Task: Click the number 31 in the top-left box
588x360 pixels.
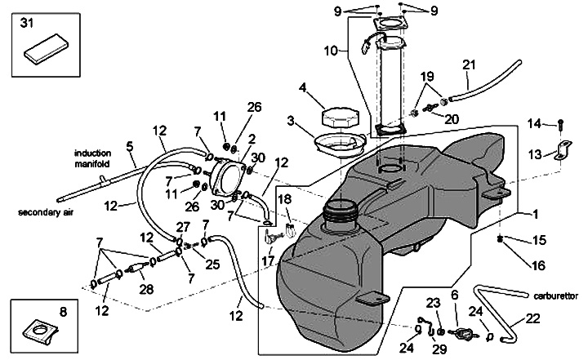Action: point(27,23)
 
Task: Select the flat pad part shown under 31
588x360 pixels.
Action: point(47,47)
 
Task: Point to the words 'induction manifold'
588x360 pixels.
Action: point(92,158)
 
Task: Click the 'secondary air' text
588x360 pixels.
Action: point(46,212)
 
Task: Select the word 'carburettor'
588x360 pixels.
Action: point(556,296)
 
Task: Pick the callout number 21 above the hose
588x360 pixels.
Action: point(469,64)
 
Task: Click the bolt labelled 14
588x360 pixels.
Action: point(560,125)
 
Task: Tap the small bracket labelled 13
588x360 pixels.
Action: point(563,149)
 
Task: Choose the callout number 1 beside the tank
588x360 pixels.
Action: point(536,214)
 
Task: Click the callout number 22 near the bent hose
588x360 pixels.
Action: point(532,318)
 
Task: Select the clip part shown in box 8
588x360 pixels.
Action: point(41,331)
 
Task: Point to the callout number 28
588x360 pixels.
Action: point(146,289)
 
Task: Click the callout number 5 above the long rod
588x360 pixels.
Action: point(129,146)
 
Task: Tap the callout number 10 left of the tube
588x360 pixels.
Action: point(331,51)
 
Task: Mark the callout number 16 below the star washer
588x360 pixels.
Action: point(538,265)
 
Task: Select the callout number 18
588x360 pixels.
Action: point(285,199)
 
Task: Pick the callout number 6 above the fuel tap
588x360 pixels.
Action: point(455,296)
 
